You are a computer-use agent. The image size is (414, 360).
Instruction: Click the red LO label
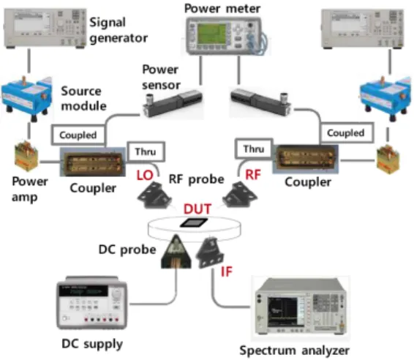pyautogui.click(x=145, y=176)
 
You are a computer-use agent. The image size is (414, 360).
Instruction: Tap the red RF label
pyautogui.click(x=253, y=175)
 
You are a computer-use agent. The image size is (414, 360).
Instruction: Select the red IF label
pyautogui.click(x=227, y=271)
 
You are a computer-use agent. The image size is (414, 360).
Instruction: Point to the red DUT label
pyautogui.click(x=197, y=209)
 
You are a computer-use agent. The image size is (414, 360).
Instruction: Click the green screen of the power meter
pyautogui.click(x=212, y=34)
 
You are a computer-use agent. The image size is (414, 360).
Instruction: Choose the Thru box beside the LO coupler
pyautogui.click(x=146, y=151)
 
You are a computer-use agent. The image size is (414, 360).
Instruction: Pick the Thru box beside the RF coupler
pyautogui.click(x=254, y=149)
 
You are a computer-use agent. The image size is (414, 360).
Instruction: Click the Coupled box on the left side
pyautogui.click(x=78, y=135)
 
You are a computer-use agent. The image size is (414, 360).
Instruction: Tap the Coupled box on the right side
pyautogui.click(x=347, y=133)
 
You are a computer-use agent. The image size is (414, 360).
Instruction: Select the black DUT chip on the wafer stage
pyautogui.click(x=194, y=222)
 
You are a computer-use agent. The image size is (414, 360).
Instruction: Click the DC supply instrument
pyautogui.click(x=91, y=303)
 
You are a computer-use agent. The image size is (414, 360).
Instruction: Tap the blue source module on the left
pyautogui.click(x=26, y=99)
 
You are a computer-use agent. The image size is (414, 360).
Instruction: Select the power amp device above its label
pyautogui.click(x=26, y=156)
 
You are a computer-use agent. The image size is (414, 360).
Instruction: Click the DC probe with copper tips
pyautogui.click(x=176, y=252)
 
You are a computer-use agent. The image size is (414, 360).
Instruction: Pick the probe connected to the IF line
pyautogui.click(x=210, y=253)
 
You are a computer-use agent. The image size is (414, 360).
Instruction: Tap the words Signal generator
pyautogui.click(x=118, y=30)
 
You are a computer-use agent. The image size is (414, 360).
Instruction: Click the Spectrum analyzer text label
pyautogui.click(x=294, y=350)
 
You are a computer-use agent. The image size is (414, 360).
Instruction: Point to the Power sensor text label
pyautogui.click(x=161, y=77)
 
